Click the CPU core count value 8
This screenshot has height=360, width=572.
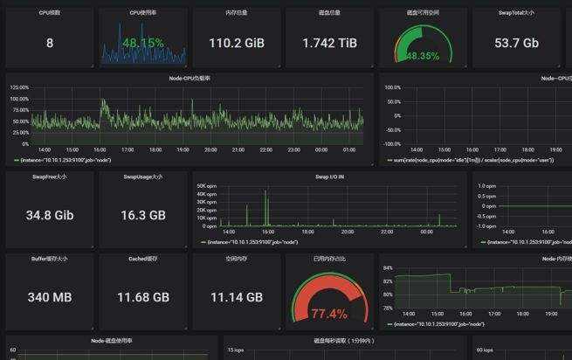tap(49, 43)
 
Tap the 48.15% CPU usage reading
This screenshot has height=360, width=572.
tap(143, 43)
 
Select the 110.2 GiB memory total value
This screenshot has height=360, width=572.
tap(237, 43)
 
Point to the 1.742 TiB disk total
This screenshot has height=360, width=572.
tap(329, 43)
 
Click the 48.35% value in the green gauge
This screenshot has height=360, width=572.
tap(423, 56)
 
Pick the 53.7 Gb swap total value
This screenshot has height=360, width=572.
tap(517, 43)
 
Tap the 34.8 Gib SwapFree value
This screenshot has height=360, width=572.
tap(49, 215)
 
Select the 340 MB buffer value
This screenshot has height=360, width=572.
tap(49, 298)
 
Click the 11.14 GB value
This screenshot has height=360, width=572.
tap(237, 298)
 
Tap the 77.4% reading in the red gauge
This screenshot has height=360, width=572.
tap(329, 313)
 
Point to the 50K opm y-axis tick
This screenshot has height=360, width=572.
tap(206, 186)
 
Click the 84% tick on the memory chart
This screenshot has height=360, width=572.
tap(388, 268)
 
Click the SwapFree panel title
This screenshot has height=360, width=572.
tap(49, 177)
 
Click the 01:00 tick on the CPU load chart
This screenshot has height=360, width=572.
tap(348, 149)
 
